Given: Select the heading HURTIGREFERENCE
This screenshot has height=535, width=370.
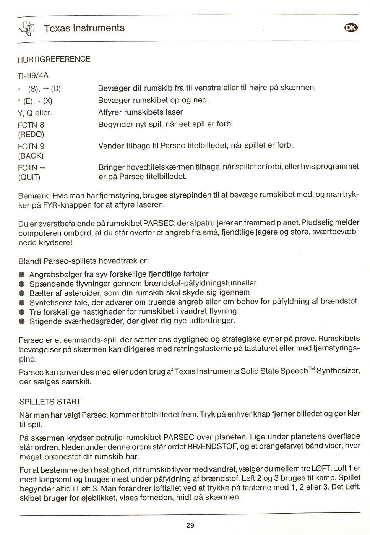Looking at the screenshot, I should [x=54, y=59].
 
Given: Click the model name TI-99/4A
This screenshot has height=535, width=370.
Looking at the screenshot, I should [x=33, y=75].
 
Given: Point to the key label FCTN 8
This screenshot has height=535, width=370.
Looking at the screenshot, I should [x=31, y=125].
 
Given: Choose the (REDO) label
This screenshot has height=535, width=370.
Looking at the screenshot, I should [x=31, y=135].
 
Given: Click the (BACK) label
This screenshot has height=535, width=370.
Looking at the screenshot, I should [x=31, y=156].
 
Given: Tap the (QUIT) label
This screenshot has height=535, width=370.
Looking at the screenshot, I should [x=29, y=177].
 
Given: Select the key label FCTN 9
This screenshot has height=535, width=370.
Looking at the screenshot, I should [x=31, y=146].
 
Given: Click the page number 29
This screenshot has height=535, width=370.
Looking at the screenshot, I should [x=190, y=525].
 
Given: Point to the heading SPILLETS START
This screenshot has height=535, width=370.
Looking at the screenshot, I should [x=50, y=402].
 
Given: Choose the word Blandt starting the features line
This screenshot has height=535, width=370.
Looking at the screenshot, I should [x=30, y=261].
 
